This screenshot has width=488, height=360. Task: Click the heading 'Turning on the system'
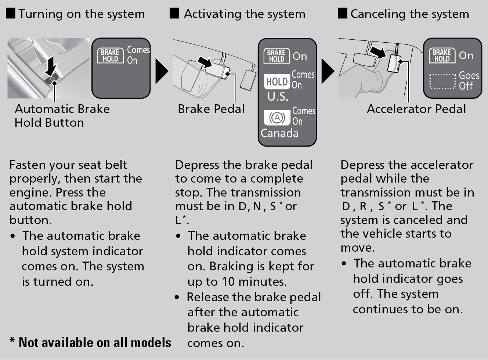pos(81,14)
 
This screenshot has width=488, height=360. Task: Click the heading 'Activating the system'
pos(244,14)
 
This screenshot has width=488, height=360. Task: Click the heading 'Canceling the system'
pos(409,14)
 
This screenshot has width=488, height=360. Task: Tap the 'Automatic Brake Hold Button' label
pos(62,115)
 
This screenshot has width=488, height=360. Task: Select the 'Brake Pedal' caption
pos(211,109)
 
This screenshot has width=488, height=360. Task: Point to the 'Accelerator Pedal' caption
pos(416,109)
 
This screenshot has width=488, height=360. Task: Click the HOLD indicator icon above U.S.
pos(277,82)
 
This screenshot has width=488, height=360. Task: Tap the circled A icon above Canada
pos(277,118)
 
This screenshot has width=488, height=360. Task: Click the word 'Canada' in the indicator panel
pos(279,133)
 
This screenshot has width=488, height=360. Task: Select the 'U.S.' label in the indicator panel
pos(278,97)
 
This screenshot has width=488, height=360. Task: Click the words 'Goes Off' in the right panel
pos(469,80)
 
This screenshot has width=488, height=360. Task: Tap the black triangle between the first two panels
pos(162,71)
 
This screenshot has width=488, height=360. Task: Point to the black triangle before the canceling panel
pos(328,71)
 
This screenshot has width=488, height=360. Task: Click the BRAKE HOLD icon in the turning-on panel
pos(110,55)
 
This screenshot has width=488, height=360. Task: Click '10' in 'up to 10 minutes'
pos(228,282)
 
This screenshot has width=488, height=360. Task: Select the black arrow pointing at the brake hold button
pos(52,65)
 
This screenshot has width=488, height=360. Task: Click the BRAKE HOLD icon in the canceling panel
pos(441,55)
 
